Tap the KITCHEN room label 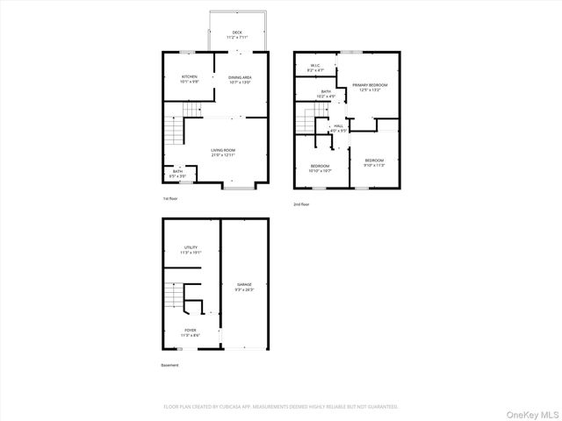click(191, 77)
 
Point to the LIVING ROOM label click(223, 151)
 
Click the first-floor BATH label click(178, 173)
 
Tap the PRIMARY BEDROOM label click(370, 85)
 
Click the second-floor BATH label click(326, 92)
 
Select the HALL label click(338, 126)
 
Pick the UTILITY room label click(191, 248)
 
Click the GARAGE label click(244, 285)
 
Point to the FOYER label click(191, 331)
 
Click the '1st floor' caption click(170, 199)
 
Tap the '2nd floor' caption click(301, 204)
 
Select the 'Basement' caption click(169, 365)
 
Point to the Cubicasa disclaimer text click(281, 407)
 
